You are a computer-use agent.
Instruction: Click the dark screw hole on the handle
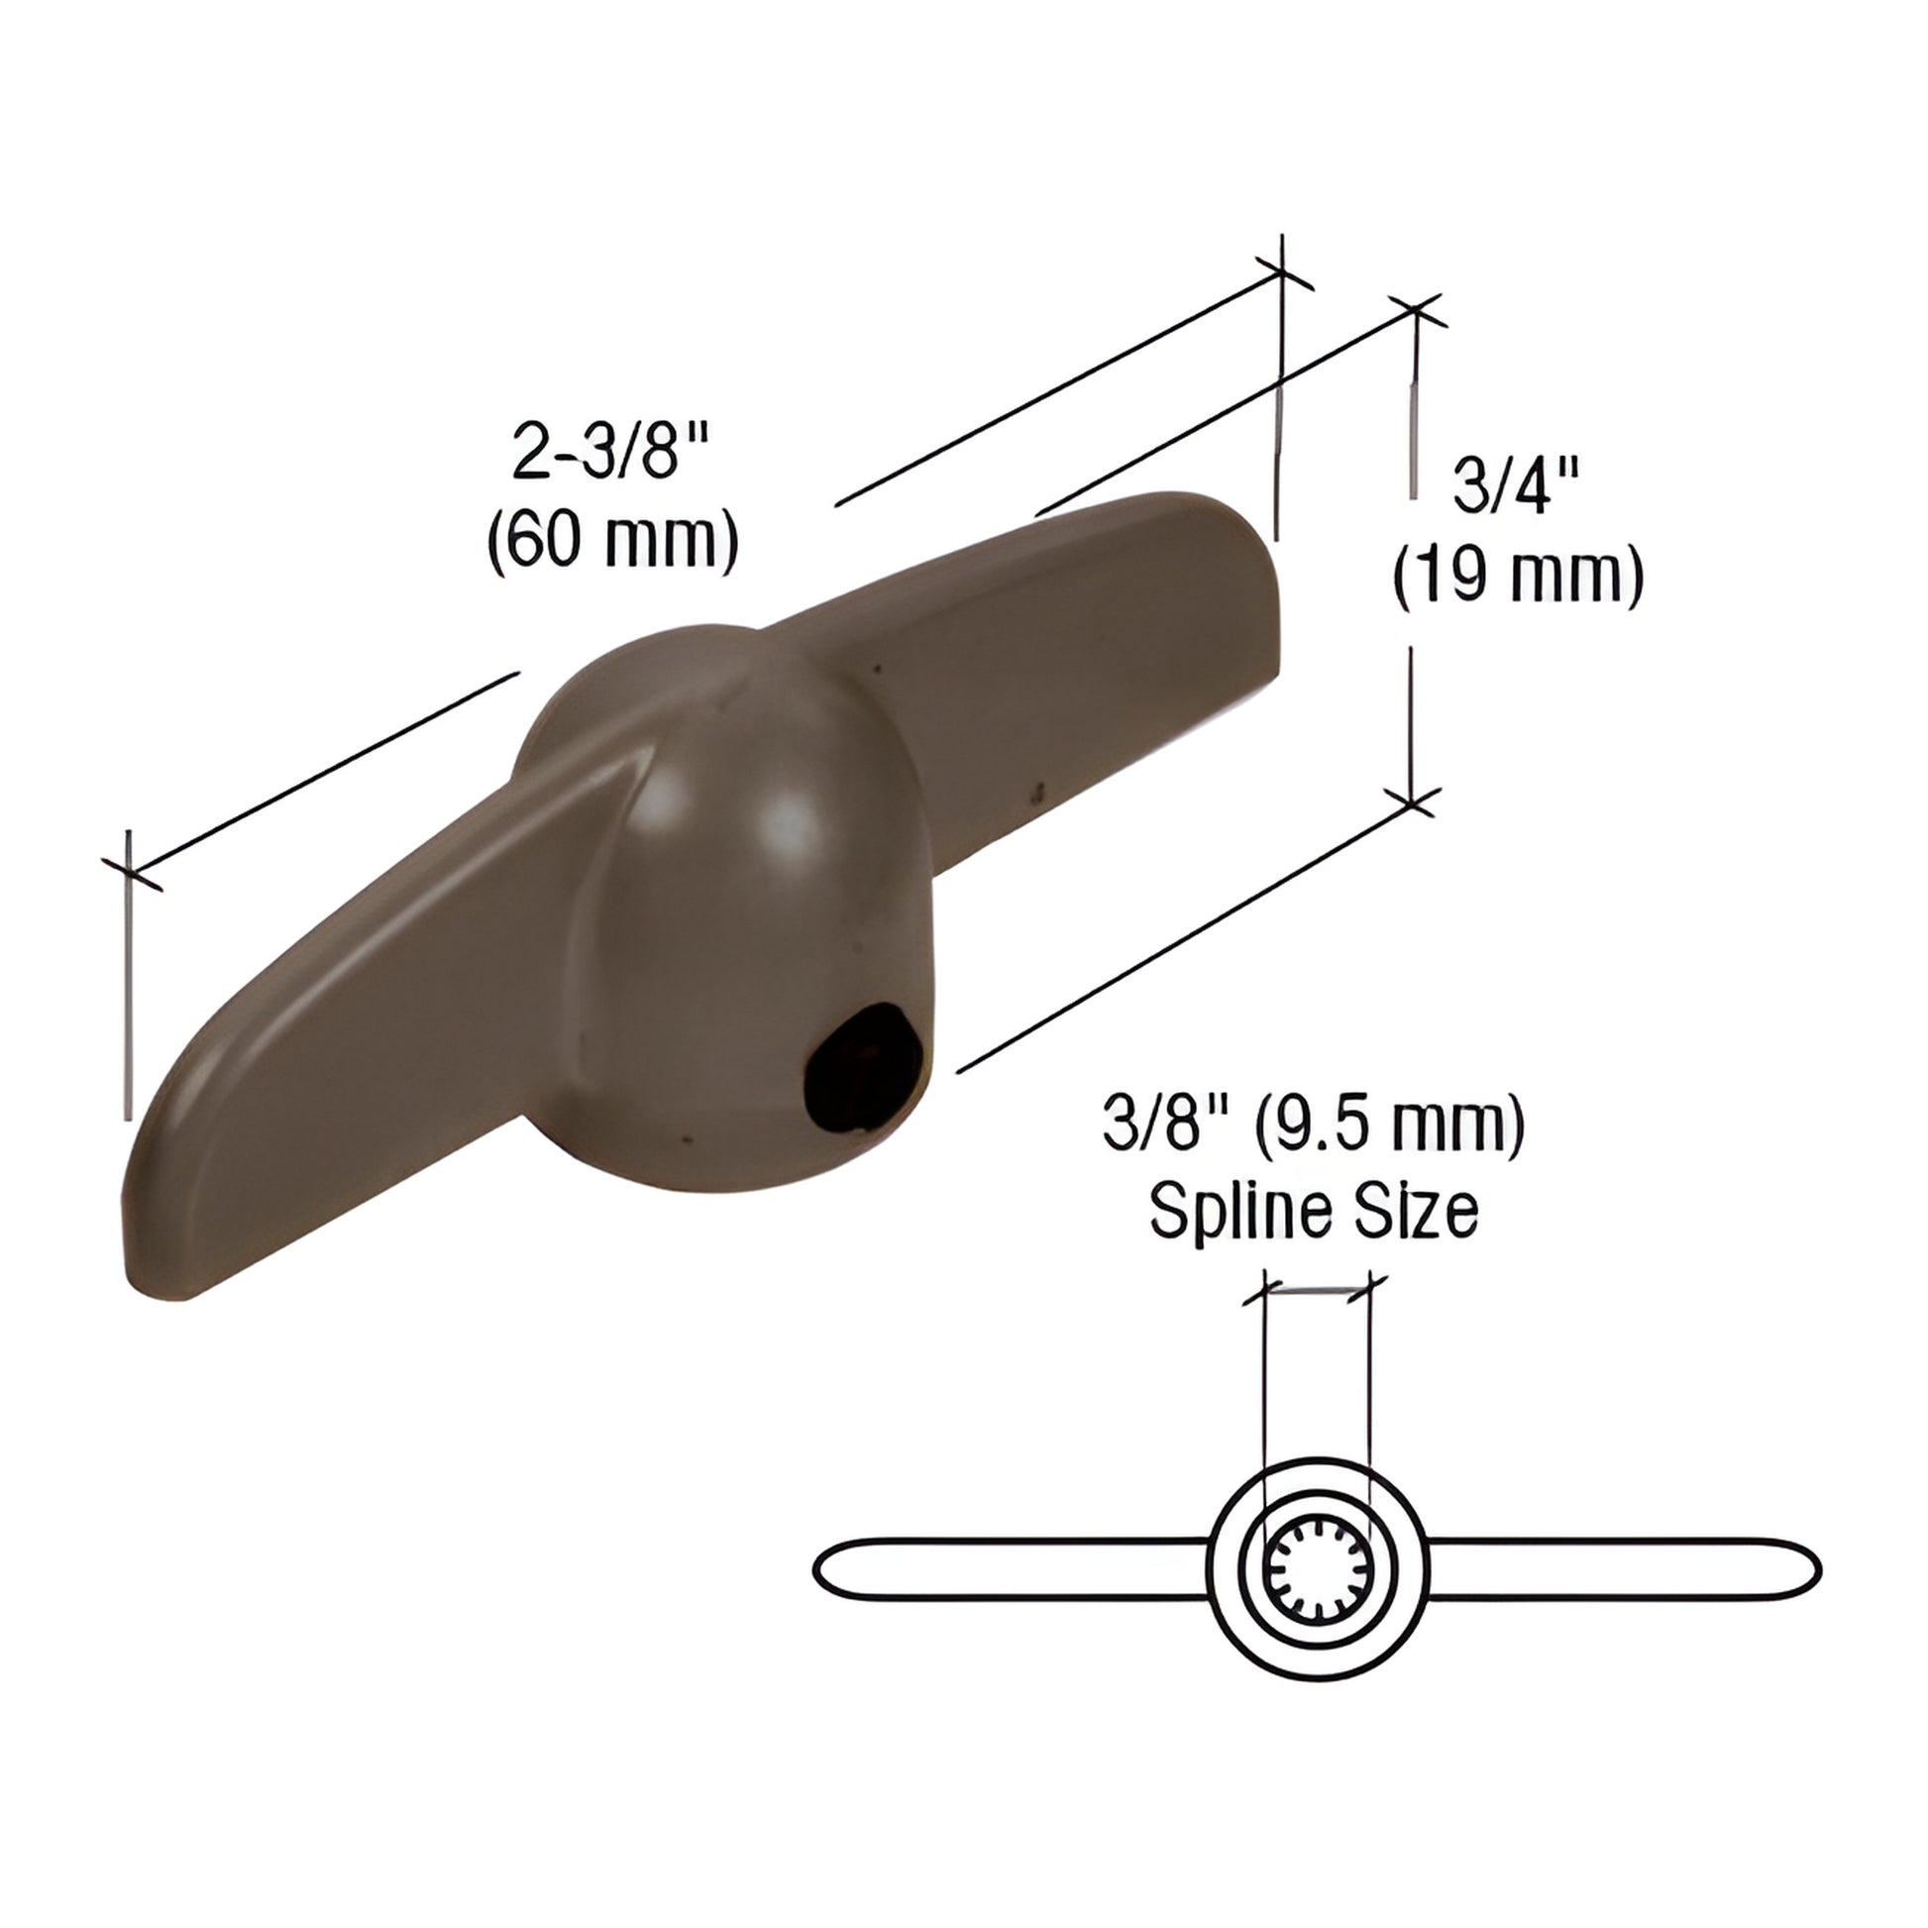[859, 1080]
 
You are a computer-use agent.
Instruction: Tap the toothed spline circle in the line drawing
[1317, 1569]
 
